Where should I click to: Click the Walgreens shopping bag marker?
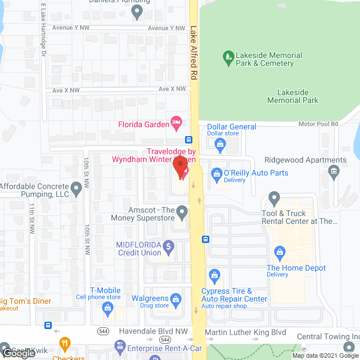pos(175,298)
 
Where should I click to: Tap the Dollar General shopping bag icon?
pos(220,145)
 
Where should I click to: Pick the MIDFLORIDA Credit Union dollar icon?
pos(168,246)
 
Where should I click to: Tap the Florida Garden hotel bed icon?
pos(176,121)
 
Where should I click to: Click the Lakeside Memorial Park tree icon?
pos(228,56)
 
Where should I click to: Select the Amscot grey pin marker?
pos(181,212)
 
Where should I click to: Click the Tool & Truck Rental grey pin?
pos(274,197)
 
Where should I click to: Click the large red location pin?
pos(180,168)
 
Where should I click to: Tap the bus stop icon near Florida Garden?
pos(188,139)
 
